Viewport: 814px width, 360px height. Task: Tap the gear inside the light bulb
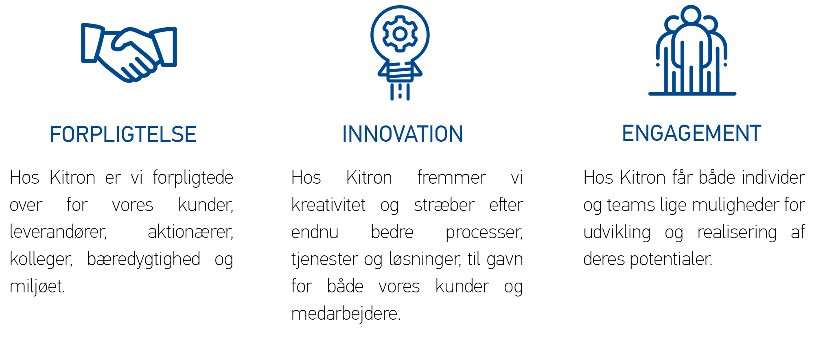click(400, 34)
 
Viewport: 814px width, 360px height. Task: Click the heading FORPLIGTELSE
click(123, 134)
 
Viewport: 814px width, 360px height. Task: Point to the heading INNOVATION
click(403, 134)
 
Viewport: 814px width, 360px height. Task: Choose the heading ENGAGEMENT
click(691, 133)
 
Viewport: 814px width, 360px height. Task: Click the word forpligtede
click(193, 178)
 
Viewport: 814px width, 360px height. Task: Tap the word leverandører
click(58, 232)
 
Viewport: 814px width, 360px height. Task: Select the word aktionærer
click(190, 232)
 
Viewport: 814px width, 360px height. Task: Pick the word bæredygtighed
click(144, 259)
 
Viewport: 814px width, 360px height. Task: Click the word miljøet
click(37, 287)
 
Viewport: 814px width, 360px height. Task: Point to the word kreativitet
click(328, 204)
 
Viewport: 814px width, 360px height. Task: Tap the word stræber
click(444, 204)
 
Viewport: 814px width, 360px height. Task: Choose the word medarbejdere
click(346, 314)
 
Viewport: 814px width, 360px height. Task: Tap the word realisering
click(737, 233)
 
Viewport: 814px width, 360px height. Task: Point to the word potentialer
click(671, 259)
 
